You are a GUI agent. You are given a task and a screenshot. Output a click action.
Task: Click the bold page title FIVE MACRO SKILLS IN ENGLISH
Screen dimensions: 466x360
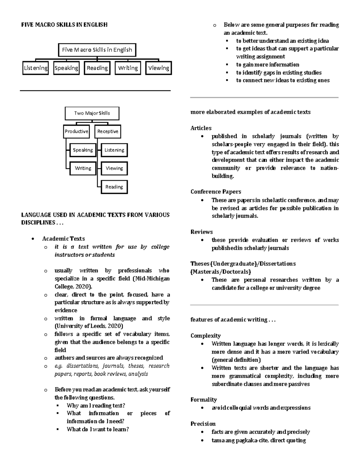tap(64, 25)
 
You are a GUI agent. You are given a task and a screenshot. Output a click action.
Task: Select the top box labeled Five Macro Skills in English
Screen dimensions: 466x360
tap(97, 50)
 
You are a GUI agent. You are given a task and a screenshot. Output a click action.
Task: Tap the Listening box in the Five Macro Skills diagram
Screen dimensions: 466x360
tap(36, 68)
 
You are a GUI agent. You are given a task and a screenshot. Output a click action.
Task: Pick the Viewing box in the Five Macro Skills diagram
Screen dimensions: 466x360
tap(158, 68)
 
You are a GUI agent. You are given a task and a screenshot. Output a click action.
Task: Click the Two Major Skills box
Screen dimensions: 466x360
tap(92, 113)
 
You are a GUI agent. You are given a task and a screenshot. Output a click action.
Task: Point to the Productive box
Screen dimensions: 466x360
tap(76, 131)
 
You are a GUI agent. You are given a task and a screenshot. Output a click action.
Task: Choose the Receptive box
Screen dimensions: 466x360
tap(108, 131)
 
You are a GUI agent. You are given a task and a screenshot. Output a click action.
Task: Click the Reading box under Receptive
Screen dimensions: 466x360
tap(114, 187)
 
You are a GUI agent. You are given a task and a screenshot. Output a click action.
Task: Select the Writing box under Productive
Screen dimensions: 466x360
tap(83, 168)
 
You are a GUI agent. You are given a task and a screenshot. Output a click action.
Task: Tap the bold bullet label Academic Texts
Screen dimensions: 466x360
tap(63, 239)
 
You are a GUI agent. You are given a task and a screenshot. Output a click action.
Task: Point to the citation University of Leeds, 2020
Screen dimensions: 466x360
tap(88, 326)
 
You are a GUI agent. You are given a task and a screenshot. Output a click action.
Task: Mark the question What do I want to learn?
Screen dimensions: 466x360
tap(97, 429)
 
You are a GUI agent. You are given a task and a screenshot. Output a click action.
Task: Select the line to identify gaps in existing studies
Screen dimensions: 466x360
tap(278, 73)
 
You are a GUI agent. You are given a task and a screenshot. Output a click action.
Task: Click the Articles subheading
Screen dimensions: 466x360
tap(201, 128)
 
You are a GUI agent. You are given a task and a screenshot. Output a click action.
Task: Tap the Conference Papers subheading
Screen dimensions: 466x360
tap(216, 192)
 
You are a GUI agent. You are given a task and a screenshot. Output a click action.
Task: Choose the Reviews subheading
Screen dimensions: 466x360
tap(201, 232)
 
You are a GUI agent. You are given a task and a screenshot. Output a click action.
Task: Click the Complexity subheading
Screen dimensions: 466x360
tap(205, 336)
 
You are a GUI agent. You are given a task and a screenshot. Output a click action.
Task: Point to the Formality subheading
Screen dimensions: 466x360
tap(203, 400)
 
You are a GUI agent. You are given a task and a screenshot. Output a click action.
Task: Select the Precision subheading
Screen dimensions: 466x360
tap(203, 424)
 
